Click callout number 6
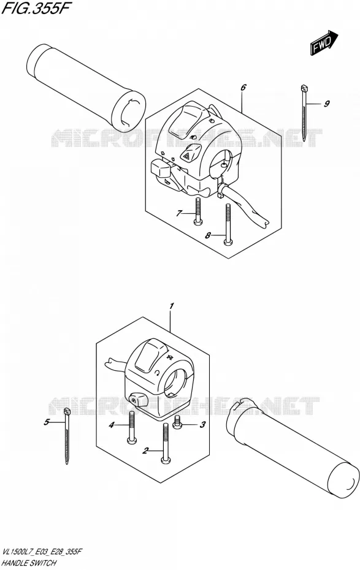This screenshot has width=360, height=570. point(243,87)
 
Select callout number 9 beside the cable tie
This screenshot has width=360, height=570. point(326,104)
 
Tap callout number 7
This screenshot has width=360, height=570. point(178,213)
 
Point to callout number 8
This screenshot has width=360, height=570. point(208,235)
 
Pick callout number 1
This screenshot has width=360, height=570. point(172,306)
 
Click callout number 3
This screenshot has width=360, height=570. point(203,424)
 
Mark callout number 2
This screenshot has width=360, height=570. point(145,451)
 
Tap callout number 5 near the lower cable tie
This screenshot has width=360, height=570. point(46,422)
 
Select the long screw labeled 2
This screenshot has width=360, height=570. point(165,444)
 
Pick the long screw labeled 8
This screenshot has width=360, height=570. point(228,224)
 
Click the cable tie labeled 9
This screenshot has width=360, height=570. point(304,113)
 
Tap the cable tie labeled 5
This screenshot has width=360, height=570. point(67,436)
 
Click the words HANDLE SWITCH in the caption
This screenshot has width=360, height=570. point(29,563)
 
